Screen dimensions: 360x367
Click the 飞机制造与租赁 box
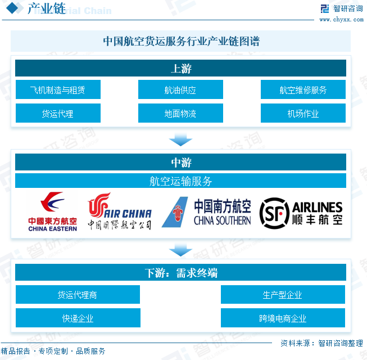pyautogui.click(x=58, y=89)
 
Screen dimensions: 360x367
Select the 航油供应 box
pyautogui.click(x=180, y=89)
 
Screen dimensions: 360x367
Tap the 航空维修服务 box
pyautogui.click(x=303, y=89)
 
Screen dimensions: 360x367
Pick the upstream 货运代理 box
pyautogui.click(x=58, y=113)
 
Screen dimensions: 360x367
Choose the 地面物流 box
pyautogui.click(x=180, y=113)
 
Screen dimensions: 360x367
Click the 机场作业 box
pyautogui.click(x=303, y=113)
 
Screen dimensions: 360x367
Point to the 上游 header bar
pyautogui.click(x=180, y=69)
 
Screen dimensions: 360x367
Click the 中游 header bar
pyautogui.click(x=180, y=162)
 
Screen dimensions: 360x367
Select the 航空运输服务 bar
pyautogui.click(x=180, y=181)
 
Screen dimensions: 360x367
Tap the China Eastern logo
pyautogui.click(x=53, y=212)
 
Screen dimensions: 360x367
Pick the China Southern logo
pyautogui.click(x=206, y=212)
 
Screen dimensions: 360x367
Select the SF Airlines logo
pyautogui.click(x=301, y=212)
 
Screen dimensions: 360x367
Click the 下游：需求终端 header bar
pyautogui.click(x=180, y=273)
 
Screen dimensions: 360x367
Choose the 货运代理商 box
pyautogui.click(x=78, y=295)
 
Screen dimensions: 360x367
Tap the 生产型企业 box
pyautogui.click(x=283, y=295)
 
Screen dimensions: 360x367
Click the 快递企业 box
pyautogui.click(x=78, y=318)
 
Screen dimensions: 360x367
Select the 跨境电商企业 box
pyautogui.click(x=283, y=318)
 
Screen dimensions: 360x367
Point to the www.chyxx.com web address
pyautogui.click(x=341, y=19)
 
